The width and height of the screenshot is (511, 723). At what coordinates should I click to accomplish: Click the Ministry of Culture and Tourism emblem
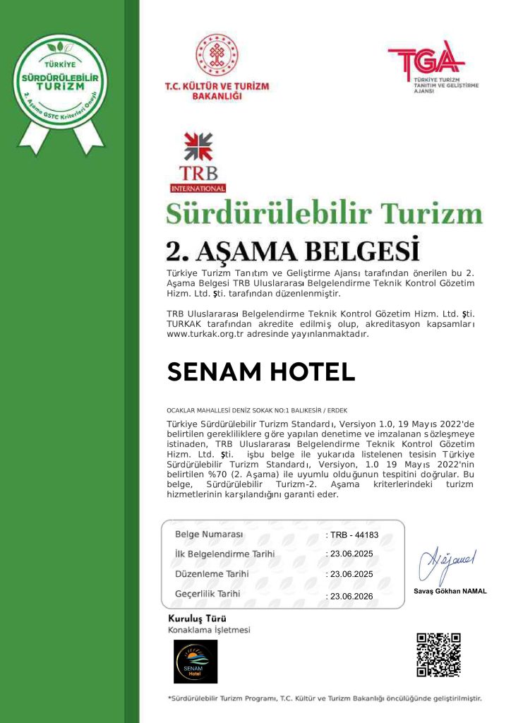click(x=217, y=56)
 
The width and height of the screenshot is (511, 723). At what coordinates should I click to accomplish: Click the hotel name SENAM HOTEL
click(x=260, y=371)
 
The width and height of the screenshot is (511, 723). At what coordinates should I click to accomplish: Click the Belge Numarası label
click(x=209, y=534)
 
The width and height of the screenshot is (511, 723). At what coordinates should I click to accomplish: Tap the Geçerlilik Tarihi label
click(x=208, y=594)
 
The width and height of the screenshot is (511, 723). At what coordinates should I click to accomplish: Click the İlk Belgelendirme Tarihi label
click(x=224, y=554)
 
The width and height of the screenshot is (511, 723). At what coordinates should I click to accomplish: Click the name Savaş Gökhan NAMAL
click(x=450, y=591)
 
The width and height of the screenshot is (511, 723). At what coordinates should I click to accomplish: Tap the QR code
click(x=438, y=655)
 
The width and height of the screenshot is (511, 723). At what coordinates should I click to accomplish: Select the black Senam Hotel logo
click(x=196, y=662)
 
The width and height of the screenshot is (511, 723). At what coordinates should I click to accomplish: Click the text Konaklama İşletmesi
click(x=209, y=629)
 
